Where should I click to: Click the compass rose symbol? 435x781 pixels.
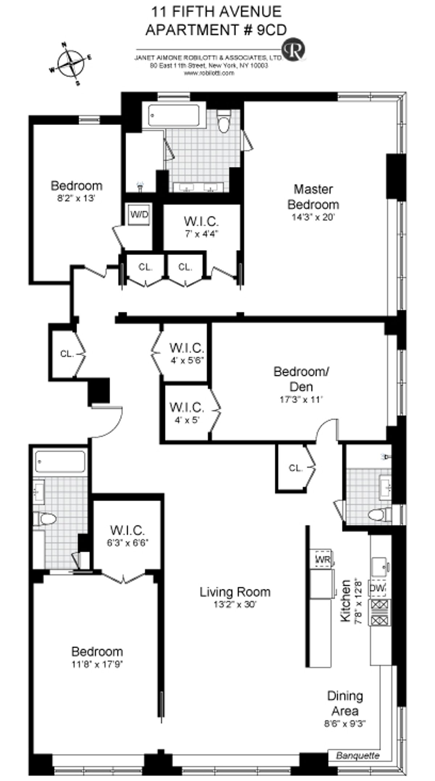[71, 63]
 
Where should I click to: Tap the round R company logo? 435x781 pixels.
[294, 50]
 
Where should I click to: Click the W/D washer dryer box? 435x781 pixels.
[140, 214]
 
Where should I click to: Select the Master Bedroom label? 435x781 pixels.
[313, 197]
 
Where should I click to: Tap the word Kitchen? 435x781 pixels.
[346, 601]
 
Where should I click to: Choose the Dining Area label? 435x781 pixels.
[345, 703]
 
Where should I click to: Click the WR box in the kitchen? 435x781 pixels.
[323, 560]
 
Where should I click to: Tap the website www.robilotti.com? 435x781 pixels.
[209, 73]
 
